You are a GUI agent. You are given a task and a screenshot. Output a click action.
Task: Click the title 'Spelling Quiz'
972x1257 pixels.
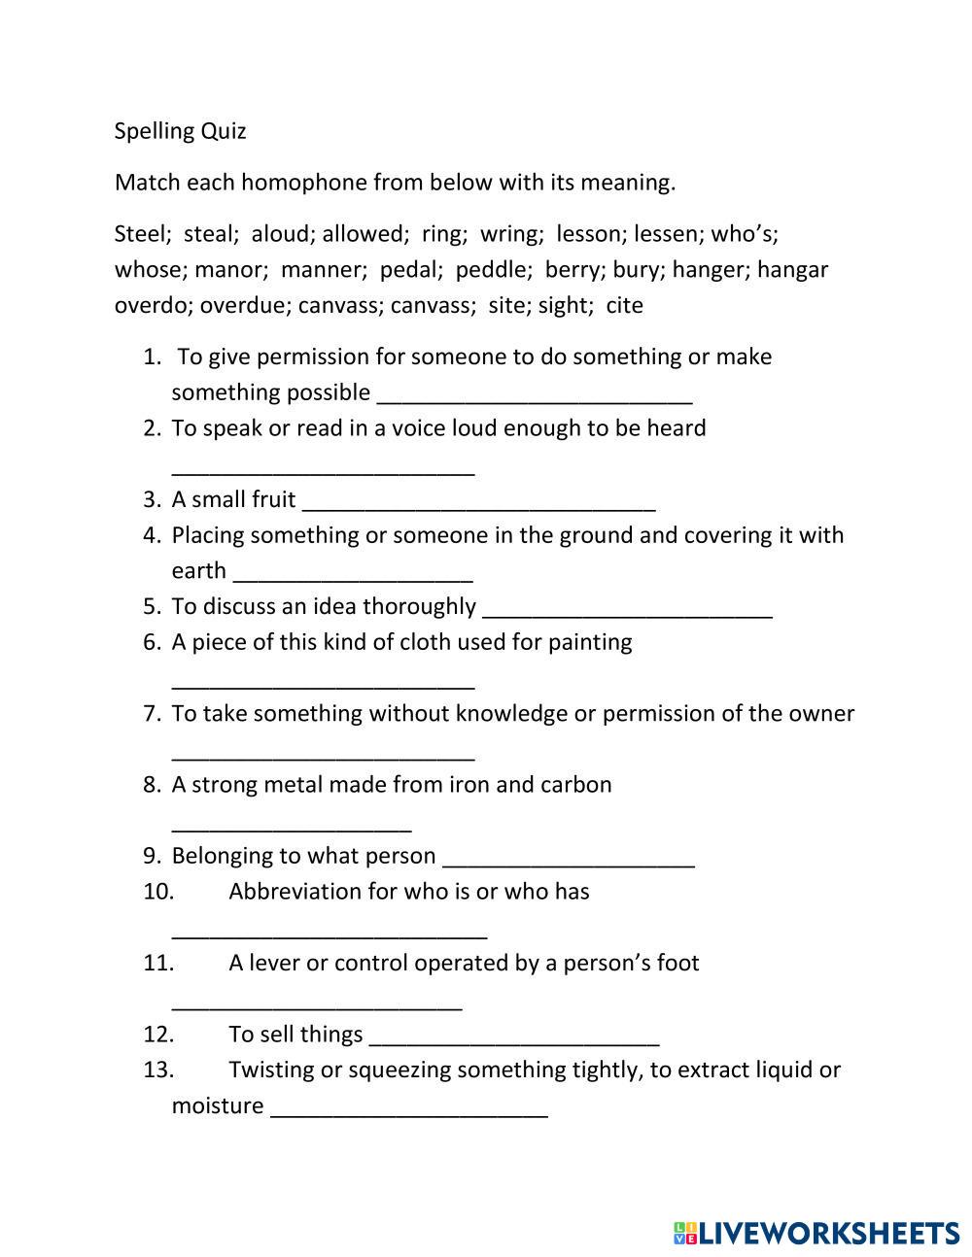pyautogui.click(x=180, y=131)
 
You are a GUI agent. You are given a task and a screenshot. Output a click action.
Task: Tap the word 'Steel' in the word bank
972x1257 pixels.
pyautogui.click(x=138, y=234)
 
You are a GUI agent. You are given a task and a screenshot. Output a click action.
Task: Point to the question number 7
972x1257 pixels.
pyautogui.click(x=152, y=714)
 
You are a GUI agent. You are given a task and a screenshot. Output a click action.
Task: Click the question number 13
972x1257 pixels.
pyautogui.click(x=158, y=1070)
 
